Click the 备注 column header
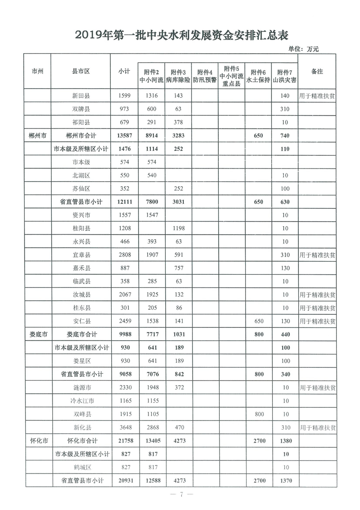[317, 72]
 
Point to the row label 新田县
[81, 96]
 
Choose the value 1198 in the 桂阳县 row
[178, 228]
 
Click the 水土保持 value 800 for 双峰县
[257, 414]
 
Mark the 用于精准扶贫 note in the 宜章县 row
[317, 255]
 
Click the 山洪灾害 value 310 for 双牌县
[285, 109]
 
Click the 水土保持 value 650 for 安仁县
[257, 321]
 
